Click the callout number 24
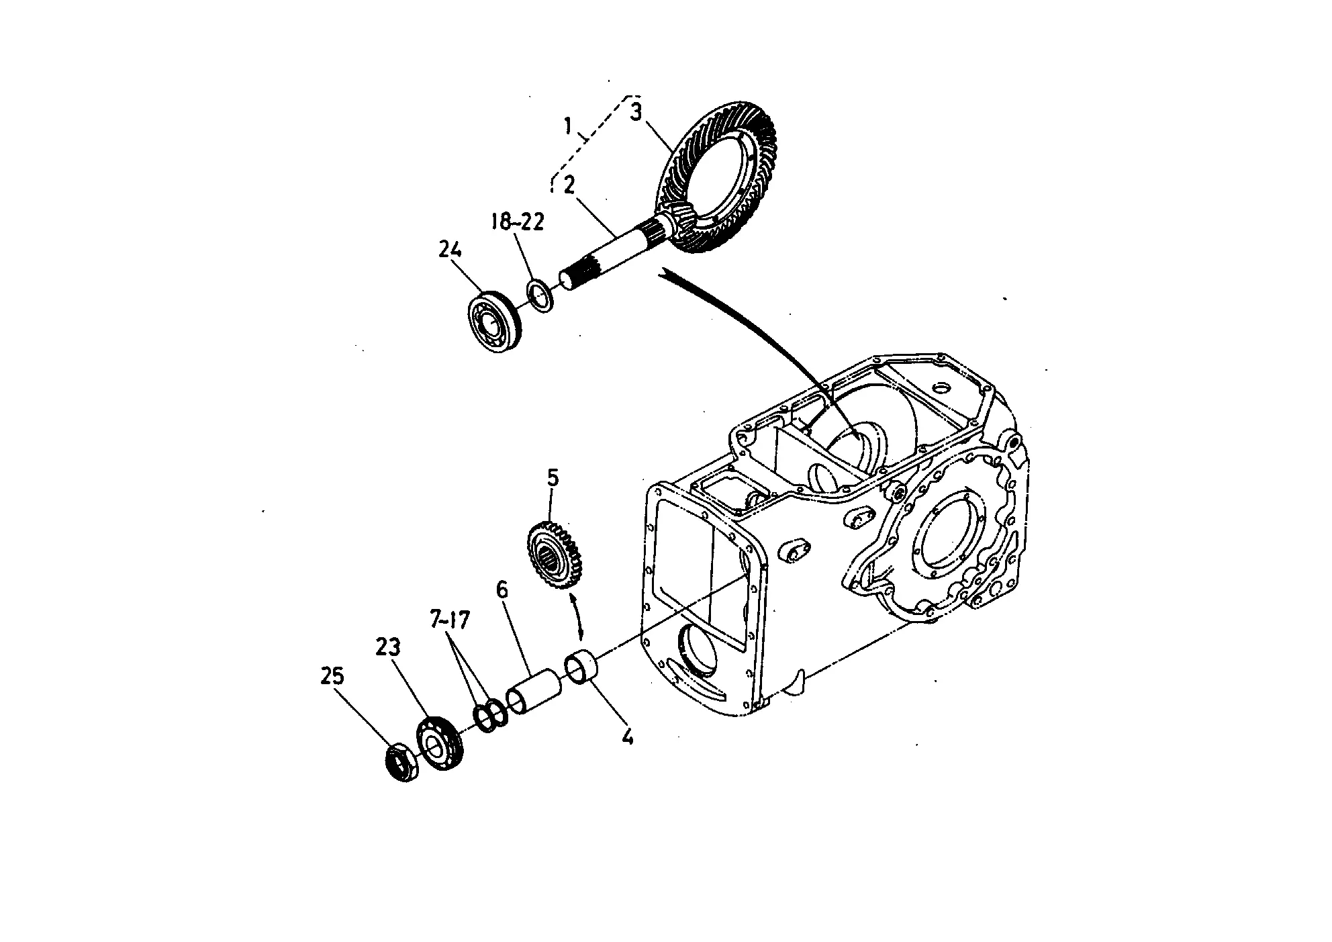(450, 250)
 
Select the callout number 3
(636, 111)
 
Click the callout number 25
(333, 675)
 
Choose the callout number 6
(502, 590)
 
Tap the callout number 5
(553, 478)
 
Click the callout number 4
(627, 737)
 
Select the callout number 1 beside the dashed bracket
(568, 125)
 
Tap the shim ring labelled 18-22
(539, 296)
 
